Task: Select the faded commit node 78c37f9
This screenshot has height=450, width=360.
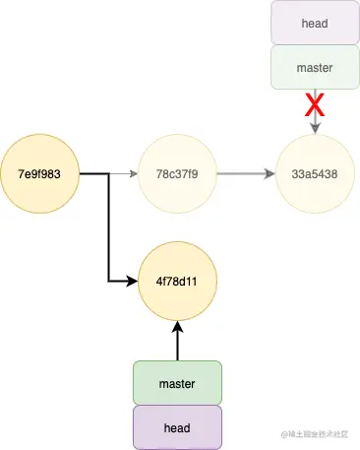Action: click(x=177, y=174)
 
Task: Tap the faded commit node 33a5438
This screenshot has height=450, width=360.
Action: click(x=315, y=174)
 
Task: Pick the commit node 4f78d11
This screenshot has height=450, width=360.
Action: click(x=177, y=281)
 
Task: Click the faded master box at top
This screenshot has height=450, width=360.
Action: click(x=315, y=68)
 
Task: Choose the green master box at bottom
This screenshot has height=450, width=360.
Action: click(x=177, y=383)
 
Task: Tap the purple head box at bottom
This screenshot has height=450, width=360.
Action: click(x=177, y=427)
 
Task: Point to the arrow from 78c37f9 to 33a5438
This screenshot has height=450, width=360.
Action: click(x=246, y=174)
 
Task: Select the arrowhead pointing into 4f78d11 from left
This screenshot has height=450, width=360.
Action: click(x=134, y=281)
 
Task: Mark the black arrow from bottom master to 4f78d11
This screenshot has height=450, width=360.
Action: click(x=177, y=340)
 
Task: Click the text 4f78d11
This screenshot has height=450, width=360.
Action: click(x=177, y=281)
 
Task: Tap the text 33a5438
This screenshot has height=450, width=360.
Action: click(x=315, y=174)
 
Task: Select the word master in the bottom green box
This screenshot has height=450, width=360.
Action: click(x=177, y=383)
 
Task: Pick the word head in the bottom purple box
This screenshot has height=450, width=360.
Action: click(x=177, y=427)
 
